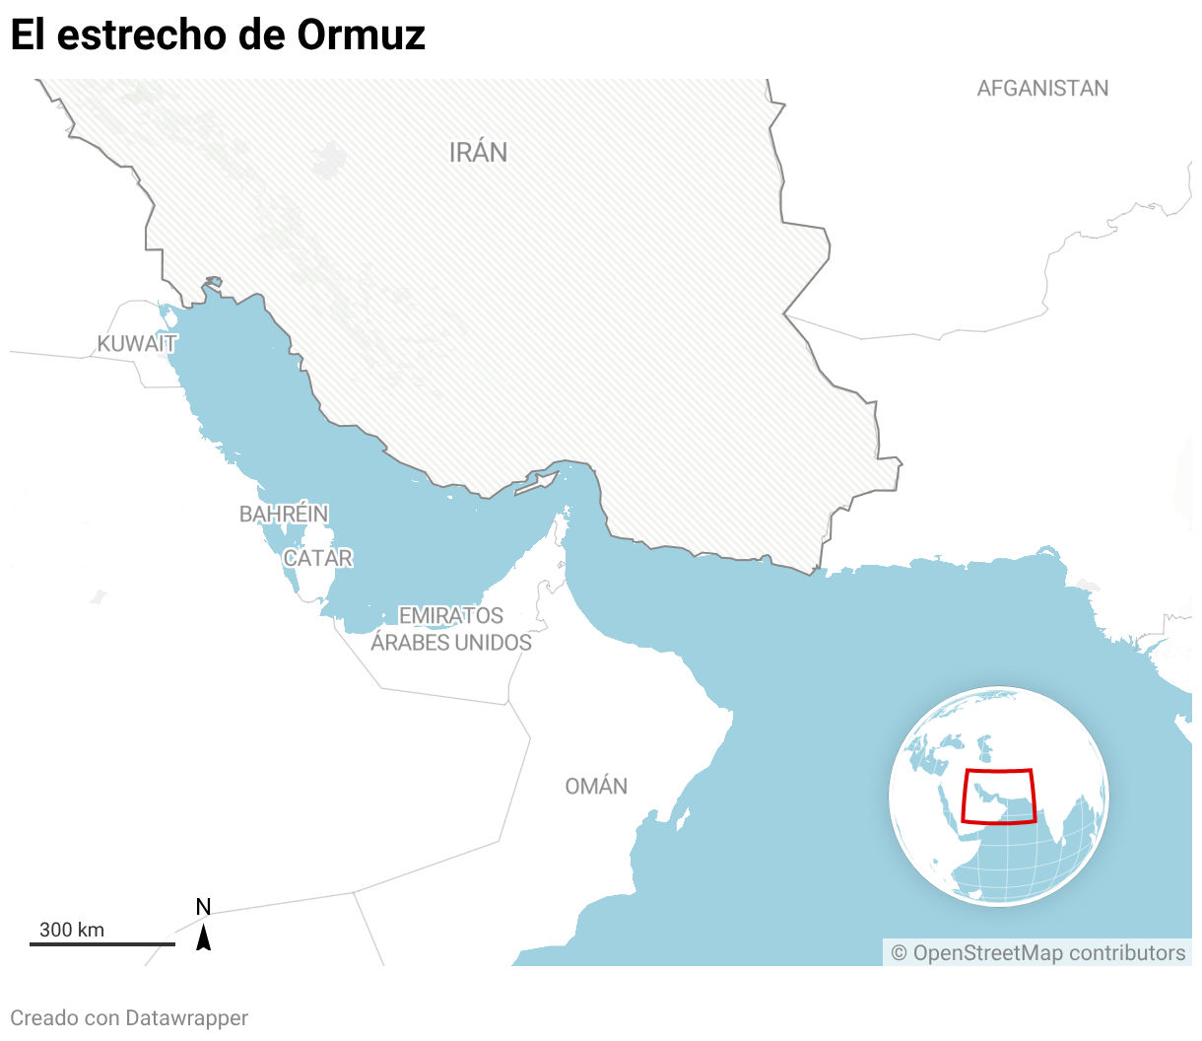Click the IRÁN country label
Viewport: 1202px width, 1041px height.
click(478, 152)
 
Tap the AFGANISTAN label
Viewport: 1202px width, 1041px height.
click(1042, 89)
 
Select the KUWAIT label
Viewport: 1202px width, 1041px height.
click(137, 343)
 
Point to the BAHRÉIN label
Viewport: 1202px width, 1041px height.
click(284, 514)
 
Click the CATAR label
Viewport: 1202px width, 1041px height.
click(317, 558)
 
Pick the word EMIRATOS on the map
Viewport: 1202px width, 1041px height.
click(450, 615)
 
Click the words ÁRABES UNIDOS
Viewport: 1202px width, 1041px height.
click(451, 643)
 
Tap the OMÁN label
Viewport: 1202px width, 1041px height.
click(596, 786)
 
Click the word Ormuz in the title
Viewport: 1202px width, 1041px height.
click(362, 35)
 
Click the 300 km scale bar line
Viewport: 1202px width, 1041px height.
click(101, 944)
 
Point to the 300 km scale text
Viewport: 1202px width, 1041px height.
click(71, 930)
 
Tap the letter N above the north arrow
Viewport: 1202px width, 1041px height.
click(203, 907)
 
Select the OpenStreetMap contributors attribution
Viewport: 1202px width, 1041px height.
click(1037, 953)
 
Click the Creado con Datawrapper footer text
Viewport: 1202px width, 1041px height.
click(129, 1018)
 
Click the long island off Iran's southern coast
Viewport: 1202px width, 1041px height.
click(537, 482)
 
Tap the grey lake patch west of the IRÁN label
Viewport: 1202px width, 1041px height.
click(330, 160)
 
